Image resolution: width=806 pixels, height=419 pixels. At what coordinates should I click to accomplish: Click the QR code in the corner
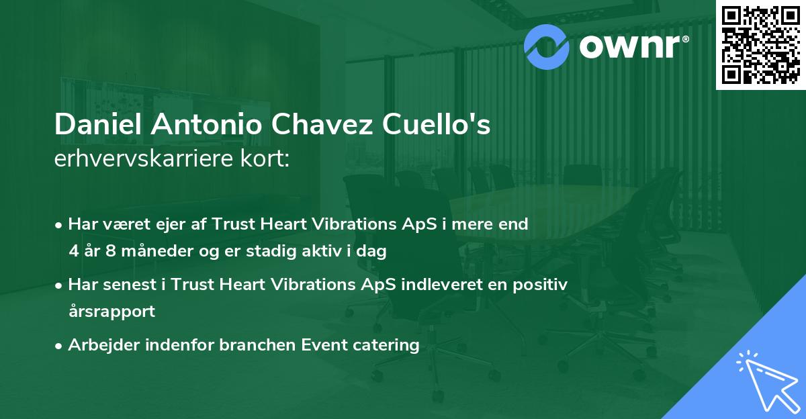760,45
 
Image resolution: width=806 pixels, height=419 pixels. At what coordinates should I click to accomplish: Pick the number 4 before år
73,251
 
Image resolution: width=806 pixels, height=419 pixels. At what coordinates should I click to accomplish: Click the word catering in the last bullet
388,345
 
